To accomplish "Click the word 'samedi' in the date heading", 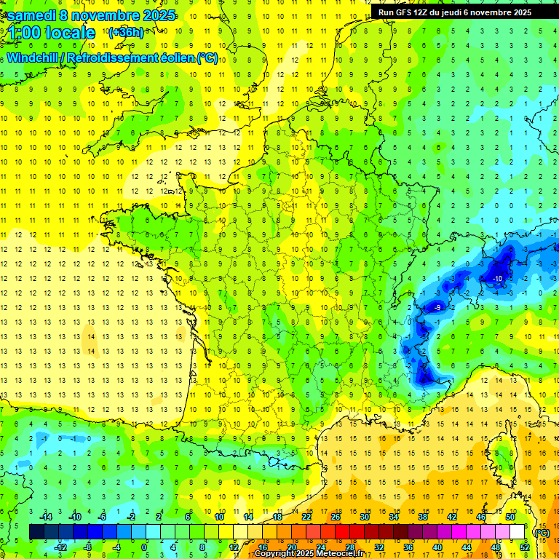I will coord(31,15).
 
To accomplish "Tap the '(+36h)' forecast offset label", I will coord(126,32).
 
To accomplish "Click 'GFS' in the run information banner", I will coord(410,12).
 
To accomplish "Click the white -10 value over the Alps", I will coord(497,279).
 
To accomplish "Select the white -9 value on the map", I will coord(437,308).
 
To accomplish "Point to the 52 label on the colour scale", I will coord(525,547).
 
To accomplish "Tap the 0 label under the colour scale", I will coord(143,547).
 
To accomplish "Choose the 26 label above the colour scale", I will coord(336,516).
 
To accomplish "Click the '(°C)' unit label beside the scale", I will coord(542,532).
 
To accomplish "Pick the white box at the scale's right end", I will coord(518,532).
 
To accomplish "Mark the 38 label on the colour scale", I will coord(423,516).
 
